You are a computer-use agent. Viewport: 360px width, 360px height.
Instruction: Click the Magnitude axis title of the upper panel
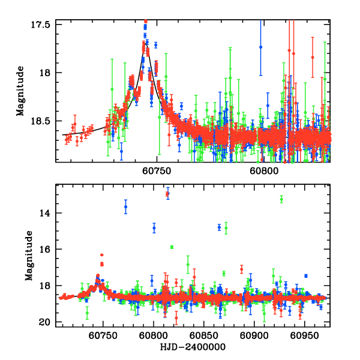[20, 92]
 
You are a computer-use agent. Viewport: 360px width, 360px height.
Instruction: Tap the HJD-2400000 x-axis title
[191, 347]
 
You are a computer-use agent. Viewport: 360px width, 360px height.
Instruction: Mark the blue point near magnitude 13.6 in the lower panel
[125, 207]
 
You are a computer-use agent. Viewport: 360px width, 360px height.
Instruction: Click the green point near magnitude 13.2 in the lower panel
[281, 199]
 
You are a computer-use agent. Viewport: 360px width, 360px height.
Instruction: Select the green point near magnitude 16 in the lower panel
[172, 247]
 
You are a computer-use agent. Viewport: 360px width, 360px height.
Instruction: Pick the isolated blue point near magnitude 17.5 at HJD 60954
[305, 276]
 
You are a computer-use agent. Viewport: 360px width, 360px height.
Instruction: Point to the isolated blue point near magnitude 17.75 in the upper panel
[260, 47]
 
